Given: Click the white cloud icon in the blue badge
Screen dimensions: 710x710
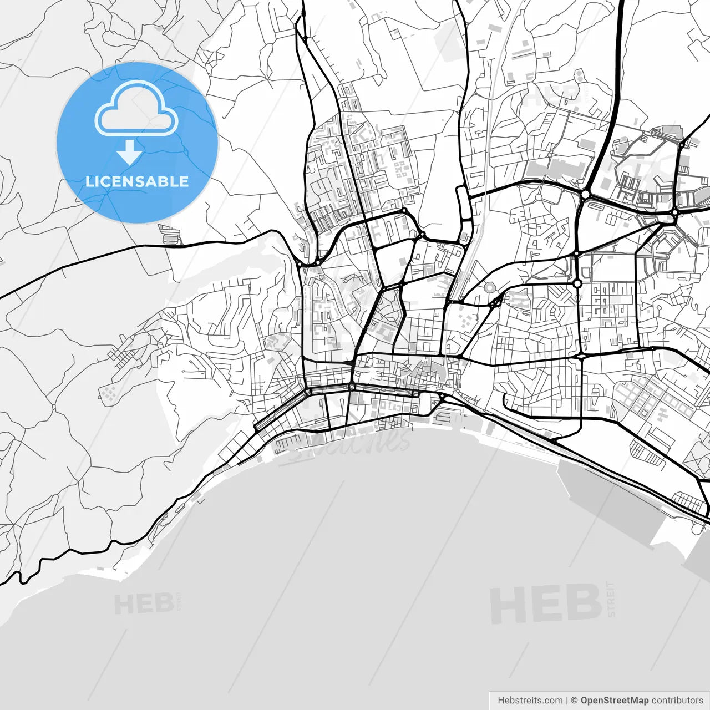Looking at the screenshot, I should point(136,109).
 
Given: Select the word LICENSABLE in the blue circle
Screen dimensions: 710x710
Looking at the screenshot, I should point(136,181).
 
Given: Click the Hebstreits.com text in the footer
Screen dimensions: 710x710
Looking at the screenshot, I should point(530,700).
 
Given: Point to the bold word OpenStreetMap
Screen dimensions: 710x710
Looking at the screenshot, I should point(614,700).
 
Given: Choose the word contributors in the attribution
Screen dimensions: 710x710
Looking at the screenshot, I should point(677,700).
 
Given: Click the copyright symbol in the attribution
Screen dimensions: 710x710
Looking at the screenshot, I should point(575,700).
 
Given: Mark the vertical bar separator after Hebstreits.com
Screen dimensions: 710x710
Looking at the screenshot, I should point(567,700).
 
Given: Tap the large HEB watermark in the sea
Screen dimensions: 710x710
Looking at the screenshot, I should point(545,603).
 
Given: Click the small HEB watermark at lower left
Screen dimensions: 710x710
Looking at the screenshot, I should point(144,603).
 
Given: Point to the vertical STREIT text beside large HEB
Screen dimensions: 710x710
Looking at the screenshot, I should point(611,599).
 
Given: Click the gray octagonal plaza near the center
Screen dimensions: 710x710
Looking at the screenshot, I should point(489,287).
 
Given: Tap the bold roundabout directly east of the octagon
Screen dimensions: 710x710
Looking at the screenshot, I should point(577,283).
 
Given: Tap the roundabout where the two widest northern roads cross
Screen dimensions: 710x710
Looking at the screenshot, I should point(585,195).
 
